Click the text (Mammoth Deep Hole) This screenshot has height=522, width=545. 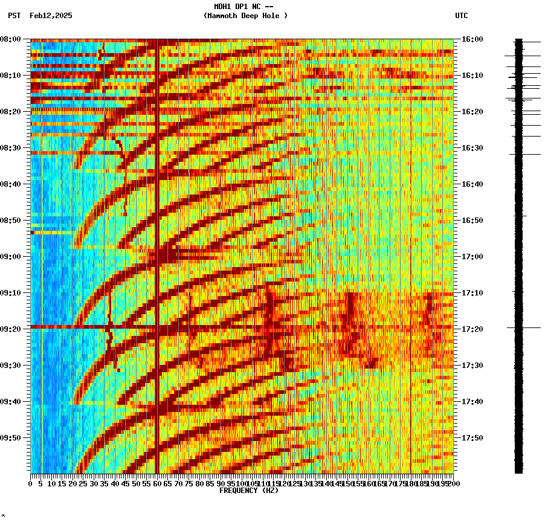coord(245,16)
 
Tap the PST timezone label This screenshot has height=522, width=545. coord(14,16)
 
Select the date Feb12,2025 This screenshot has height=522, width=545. coord(51,16)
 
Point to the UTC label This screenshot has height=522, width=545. coord(461,16)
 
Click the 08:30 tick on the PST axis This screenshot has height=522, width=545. coord(10,148)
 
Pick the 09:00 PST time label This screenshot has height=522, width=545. coord(10,257)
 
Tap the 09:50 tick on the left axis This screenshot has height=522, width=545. coord(10,438)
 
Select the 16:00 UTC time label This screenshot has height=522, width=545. coord(472,39)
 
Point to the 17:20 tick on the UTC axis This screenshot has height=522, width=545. coord(472,329)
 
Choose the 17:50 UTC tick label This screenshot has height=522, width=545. coord(472,438)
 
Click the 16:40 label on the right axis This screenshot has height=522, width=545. coord(472,184)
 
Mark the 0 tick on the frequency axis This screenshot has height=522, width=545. coord(31,483)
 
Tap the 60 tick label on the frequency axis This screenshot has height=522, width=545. coord(157,483)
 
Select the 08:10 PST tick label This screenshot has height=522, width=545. coord(10,76)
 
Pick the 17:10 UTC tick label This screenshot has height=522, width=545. coord(472,293)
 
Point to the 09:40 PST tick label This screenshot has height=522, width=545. coord(10,402)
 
